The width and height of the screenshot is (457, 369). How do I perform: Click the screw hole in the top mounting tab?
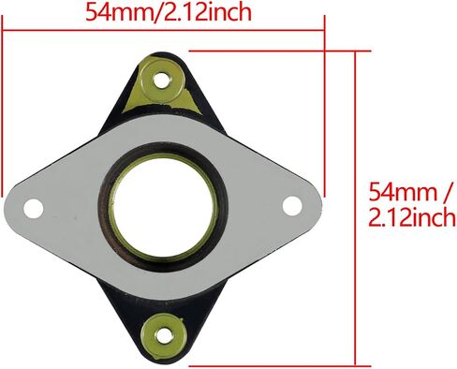162,81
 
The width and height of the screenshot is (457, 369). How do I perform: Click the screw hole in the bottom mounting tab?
164,336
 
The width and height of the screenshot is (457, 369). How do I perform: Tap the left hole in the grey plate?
34,208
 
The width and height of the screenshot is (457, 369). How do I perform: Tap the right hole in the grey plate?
292,206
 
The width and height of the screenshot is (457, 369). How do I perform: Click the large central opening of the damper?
164,208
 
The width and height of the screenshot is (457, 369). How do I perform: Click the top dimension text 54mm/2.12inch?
169,12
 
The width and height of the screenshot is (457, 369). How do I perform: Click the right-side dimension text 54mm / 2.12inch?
411,204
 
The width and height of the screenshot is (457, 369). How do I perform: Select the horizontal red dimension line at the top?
163,31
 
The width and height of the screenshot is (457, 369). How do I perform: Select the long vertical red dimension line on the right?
355,208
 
